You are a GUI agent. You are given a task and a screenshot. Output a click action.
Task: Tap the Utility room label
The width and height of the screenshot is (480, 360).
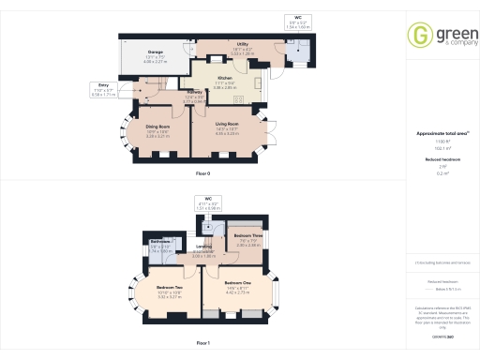(242, 44)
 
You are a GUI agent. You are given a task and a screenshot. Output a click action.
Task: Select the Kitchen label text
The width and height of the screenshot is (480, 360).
(225, 79)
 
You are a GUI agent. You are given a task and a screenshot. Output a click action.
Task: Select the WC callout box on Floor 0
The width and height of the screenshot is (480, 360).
(297, 22)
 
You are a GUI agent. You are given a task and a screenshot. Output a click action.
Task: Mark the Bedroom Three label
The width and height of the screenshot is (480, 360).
(247, 235)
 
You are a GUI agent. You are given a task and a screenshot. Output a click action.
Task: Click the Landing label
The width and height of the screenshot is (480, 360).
(203, 249)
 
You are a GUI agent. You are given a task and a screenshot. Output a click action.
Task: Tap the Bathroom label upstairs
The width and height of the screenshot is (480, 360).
(161, 242)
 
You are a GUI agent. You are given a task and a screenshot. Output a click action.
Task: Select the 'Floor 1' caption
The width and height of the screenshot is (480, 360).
(202, 343)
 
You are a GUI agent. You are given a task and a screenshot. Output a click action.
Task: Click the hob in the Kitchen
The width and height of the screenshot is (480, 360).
(254, 83)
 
